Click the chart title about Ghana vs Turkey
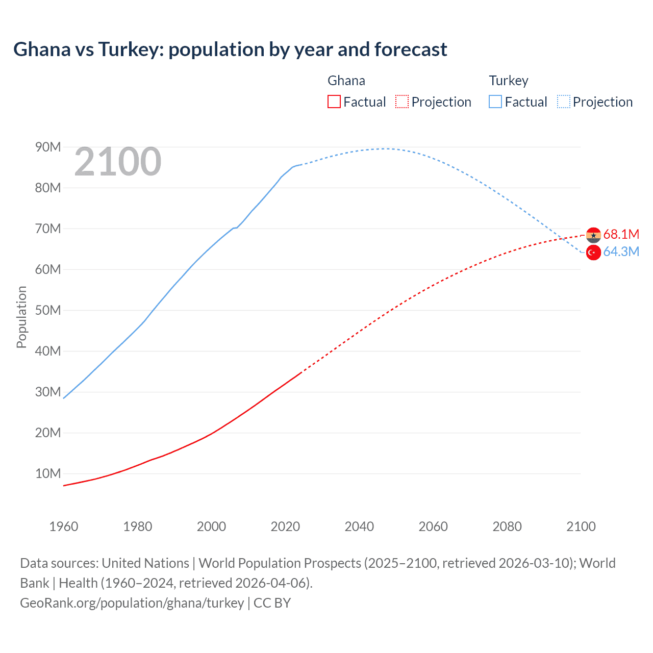pyautogui.click(x=230, y=49)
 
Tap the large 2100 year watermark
pyautogui.click(x=118, y=162)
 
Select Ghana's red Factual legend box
pyautogui.click(x=334, y=102)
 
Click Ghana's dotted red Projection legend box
pyautogui.click(x=402, y=102)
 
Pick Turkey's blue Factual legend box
pyautogui.click(x=495, y=102)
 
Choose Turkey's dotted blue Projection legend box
pyautogui.click(x=564, y=102)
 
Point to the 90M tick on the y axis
pyautogui.click(x=48, y=147)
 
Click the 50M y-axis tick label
pyautogui.click(x=48, y=311)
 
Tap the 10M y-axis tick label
pyautogui.click(x=48, y=474)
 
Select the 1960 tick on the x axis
pyautogui.click(x=64, y=526)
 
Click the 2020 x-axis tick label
pyautogui.click(x=285, y=526)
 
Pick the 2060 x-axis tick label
pyautogui.click(x=433, y=526)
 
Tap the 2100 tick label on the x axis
pyautogui.click(x=581, y=526)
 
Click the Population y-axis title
pyautogui.click(x=21, y=317)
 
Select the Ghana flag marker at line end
pyautogui.click(x=593, y=235)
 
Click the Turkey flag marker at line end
pyautogui.click(x=593, y=252)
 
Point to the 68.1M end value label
pyautogui.click(x=621, y=234)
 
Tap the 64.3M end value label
pyautogui.click(x=621, y=252)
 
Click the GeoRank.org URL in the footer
pyautogui.click(x=132, y=603)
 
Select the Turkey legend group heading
pyautogui.click(x=509, y=81)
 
